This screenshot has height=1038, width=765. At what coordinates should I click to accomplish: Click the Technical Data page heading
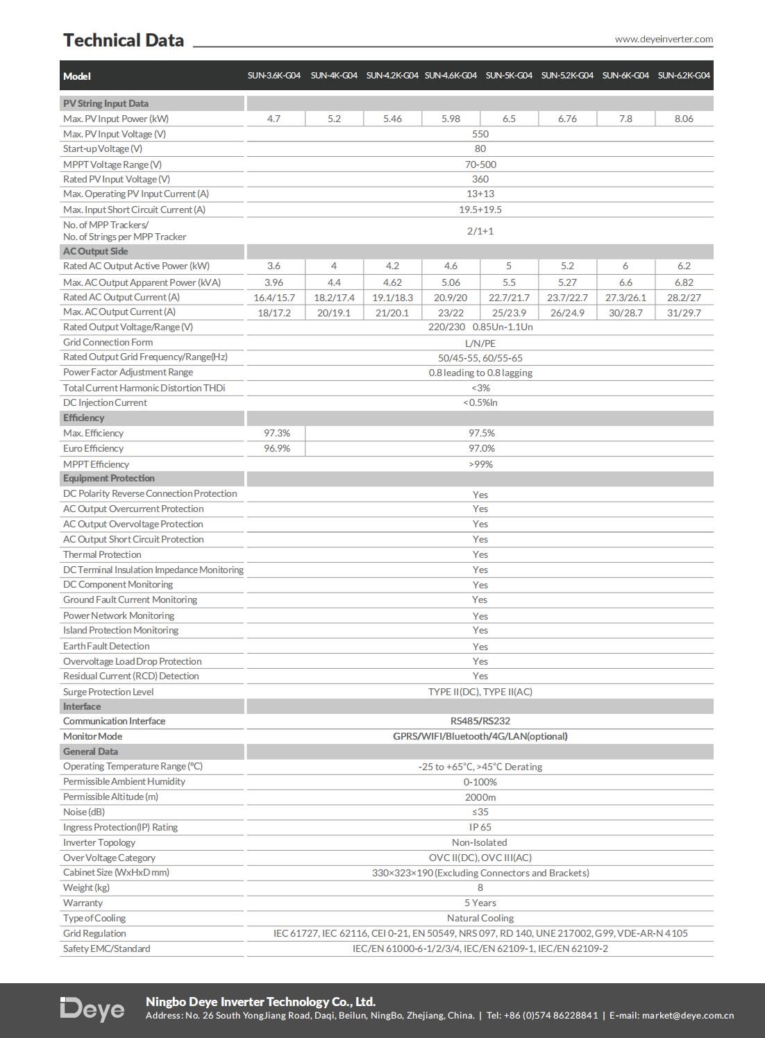[124, 40]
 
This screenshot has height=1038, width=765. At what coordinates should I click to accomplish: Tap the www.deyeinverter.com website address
[664, 39]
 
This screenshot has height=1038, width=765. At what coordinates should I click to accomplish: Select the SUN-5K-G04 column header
[509, 76]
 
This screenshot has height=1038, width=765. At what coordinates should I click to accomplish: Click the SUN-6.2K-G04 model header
[684, 76]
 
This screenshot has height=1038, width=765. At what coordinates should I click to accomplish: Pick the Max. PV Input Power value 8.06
[684, 119]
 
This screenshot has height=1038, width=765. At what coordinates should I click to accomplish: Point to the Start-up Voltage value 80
[480, 148]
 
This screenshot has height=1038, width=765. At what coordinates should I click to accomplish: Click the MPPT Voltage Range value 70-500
[480, 164]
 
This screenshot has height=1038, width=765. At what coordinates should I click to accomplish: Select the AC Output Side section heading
[96, 251]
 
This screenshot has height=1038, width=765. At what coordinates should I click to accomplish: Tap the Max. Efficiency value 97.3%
[276, 433]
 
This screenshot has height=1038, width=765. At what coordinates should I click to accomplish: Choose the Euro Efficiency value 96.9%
[276, 448]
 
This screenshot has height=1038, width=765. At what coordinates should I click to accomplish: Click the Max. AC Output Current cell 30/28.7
[625, 313]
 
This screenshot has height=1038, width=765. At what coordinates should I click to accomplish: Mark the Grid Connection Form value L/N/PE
[480, 343]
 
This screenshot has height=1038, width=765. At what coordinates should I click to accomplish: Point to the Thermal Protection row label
[102, 554]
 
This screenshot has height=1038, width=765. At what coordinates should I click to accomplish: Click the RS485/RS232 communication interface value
[480, 721]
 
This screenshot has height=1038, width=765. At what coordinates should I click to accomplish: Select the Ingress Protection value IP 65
[480, 827]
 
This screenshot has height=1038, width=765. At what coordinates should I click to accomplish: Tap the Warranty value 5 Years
[480, 903]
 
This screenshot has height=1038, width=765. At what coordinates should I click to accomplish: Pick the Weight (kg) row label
[86, 887]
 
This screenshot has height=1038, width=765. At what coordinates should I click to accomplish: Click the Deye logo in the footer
[92, 1009]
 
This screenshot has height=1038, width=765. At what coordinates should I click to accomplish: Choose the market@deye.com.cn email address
[687, 1016]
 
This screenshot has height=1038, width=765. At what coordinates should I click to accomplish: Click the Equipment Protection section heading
[109, 478]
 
